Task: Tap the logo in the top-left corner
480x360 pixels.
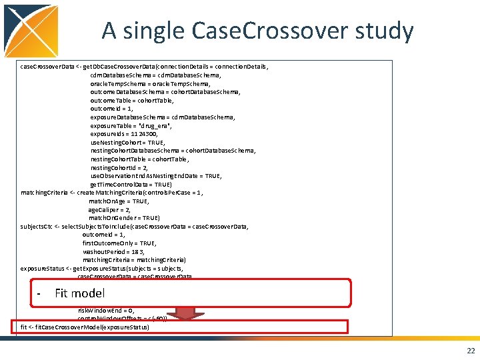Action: [x=30, y=30]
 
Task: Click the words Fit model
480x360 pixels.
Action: [x=79, y=293]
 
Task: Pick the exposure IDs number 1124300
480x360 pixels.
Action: [x=145, y=134]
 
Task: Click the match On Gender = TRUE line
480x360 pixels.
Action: [x=124, y=218]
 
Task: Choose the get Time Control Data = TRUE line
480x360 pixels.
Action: [x=131, y=184]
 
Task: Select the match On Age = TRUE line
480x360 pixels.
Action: [x=118, y=201]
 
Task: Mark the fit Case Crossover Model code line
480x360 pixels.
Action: [x=85, y=327]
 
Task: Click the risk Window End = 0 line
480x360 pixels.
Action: [x=106, y=311]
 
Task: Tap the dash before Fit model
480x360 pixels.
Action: [x=40, y=294]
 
